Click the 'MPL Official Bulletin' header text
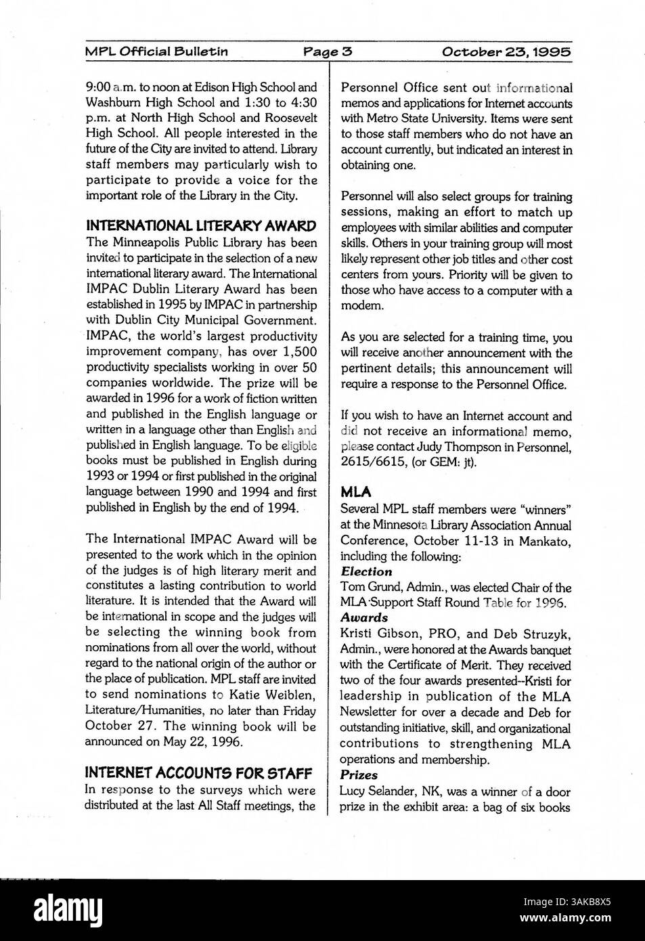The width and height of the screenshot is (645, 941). [156, 51]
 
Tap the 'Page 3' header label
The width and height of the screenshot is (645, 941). [328, 51]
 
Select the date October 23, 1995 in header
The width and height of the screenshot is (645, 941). [506, 51]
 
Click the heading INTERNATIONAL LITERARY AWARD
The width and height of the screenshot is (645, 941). [200, 226]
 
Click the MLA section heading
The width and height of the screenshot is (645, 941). [355, 492]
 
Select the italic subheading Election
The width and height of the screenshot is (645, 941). [366, 571]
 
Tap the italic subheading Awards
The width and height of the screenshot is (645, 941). [364, 617]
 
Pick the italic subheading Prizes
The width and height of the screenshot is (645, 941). [359, 775]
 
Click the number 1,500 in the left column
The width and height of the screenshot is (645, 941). [294, 351]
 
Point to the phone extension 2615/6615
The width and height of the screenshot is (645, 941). [372, 463]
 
